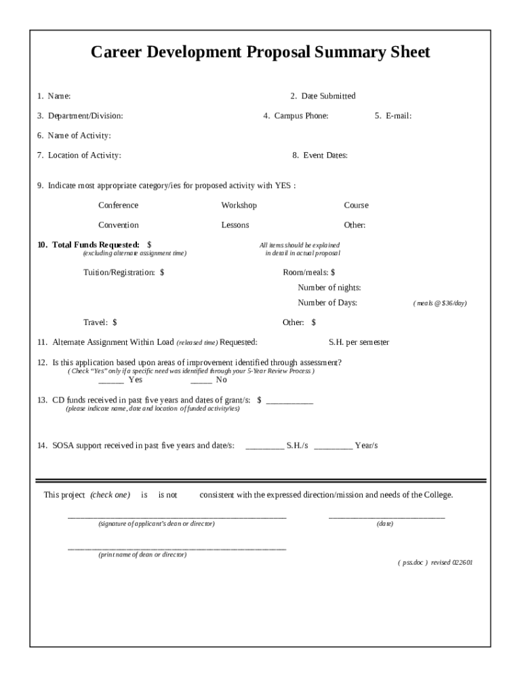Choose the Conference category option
point(118,206)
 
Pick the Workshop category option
point(239,206)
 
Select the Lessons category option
point(235,225)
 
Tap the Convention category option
point(118,225)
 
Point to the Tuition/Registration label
point(119,273)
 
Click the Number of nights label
point(329,288)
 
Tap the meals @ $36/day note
point(440,303)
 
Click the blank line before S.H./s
point(264,447)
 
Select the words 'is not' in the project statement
point(167,495)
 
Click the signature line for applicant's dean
point(176,517)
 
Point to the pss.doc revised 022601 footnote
point(435,563)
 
